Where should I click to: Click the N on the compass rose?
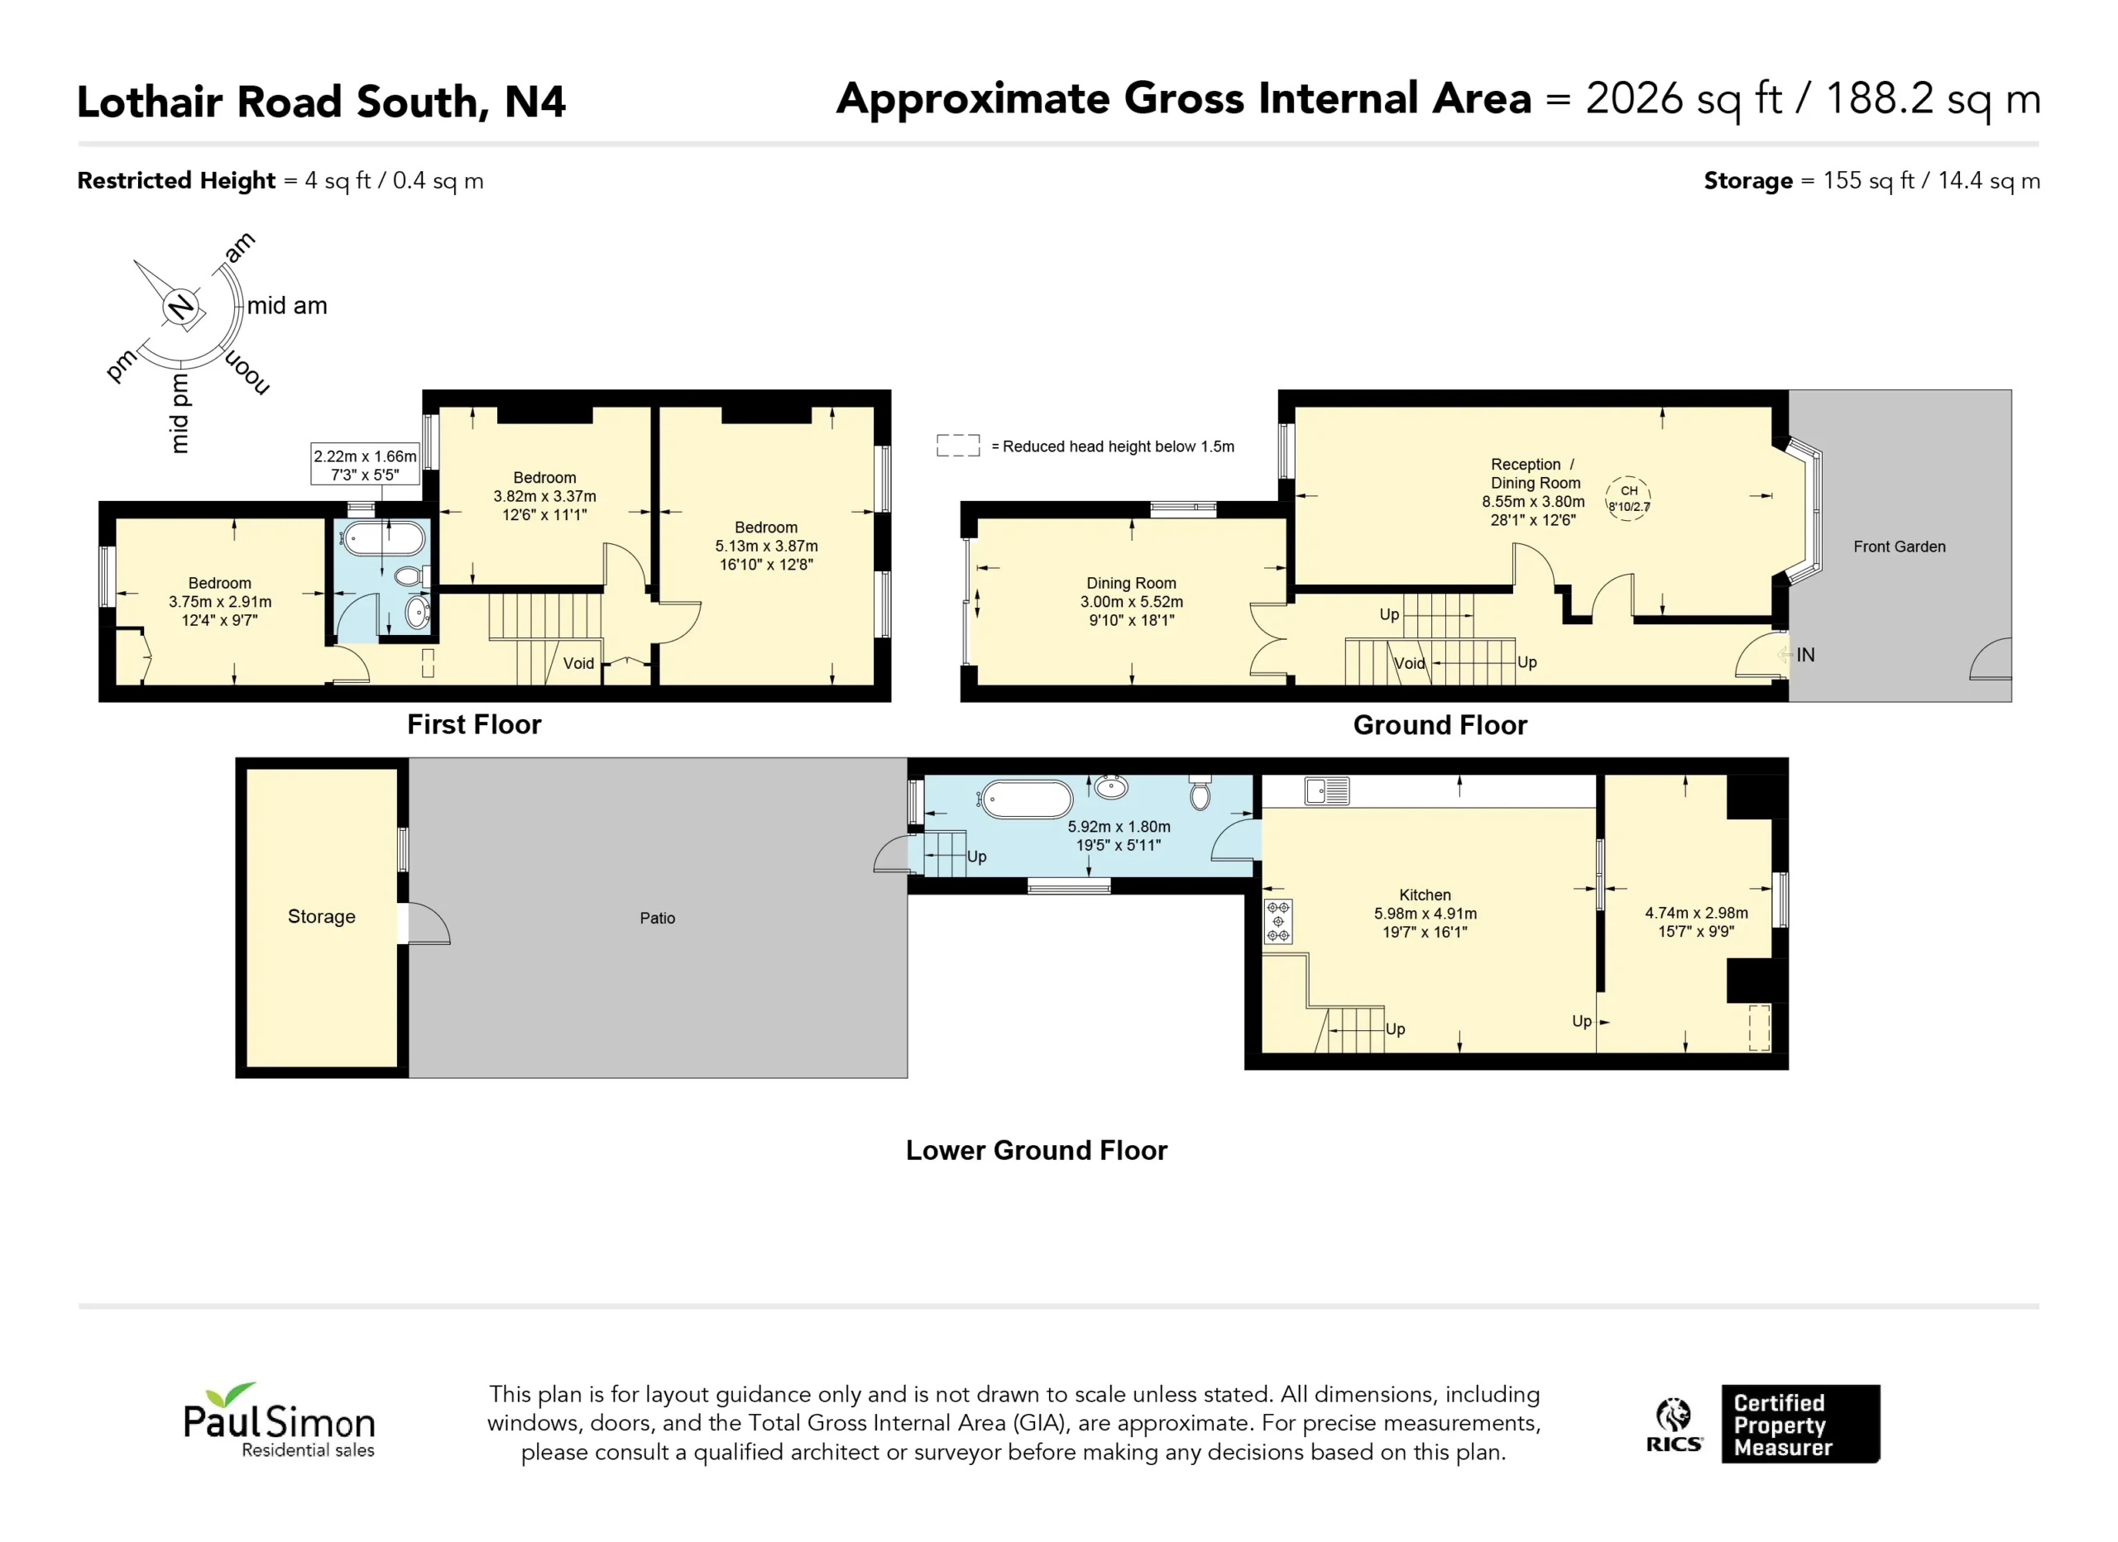pyautogui.click(x=180, y=306)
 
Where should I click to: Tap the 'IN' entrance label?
pyautogui.click(x=1805, y=656)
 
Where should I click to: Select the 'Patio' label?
pyautogui.click(x=658, y=919)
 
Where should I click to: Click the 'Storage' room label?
pyautogui.click(x=321, y=917)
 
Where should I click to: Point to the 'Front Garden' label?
pyautogui.click(x=1900, y=547)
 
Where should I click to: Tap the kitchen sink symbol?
pyautogui.click(x=1327, y=791)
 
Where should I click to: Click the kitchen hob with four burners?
pyautogui.click(x=1278, y=922)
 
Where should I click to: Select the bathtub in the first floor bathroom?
pyautogui.click(x=383, y=540)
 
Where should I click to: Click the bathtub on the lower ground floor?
pyautogui.click(x=1026, y=800)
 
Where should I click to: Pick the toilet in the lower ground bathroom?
pyautogui.click(x=1201, y=792)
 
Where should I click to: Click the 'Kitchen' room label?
pyautogui.click(x=1425, y=895)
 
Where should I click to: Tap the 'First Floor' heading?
pyautogui.click(x=474, y=724)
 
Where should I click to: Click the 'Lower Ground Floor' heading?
pyautogui.click(x=1037, y=1150)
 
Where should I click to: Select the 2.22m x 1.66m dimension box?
pyautogui.click(x=365, y=465)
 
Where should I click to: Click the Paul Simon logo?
pyautogui.click(x=279, y=1420)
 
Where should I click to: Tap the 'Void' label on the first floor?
pyautogui.click(x=578, y=664)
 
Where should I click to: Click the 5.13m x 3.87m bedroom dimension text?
pyautogui.click(x=767, y=546)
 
